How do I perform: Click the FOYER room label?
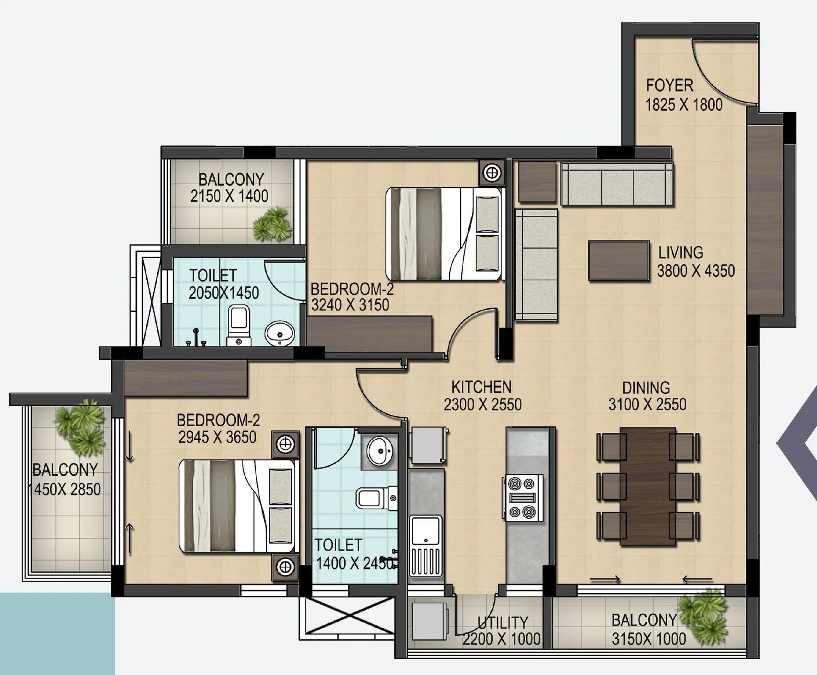[669, 85]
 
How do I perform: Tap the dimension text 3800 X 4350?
[696, 271]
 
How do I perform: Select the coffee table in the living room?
[619, 260]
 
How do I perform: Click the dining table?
[647, 486]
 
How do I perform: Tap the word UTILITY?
[502, 622]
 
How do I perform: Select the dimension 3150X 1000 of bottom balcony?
[649, 639]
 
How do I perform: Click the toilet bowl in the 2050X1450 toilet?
[239, 322]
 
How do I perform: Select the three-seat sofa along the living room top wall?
[617, 184]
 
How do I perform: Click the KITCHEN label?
[481, 387]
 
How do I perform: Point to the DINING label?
[646, 388]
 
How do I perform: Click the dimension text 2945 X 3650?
[217, 437]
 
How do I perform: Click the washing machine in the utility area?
[429, 622]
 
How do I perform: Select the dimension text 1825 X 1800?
[683, 105]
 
